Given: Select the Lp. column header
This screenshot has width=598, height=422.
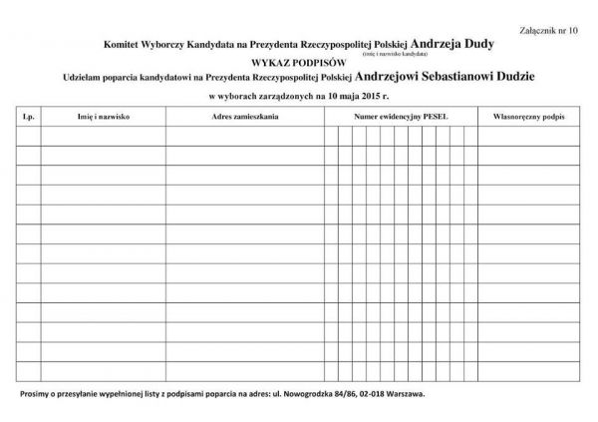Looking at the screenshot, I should [28, 117].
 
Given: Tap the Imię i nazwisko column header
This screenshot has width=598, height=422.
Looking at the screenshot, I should [104, 117].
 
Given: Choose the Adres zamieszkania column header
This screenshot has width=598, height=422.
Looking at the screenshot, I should [245, 117].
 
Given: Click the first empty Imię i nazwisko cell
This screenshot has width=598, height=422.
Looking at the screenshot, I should [104, 136].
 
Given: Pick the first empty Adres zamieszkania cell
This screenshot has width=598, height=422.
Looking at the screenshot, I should [245, 136].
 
